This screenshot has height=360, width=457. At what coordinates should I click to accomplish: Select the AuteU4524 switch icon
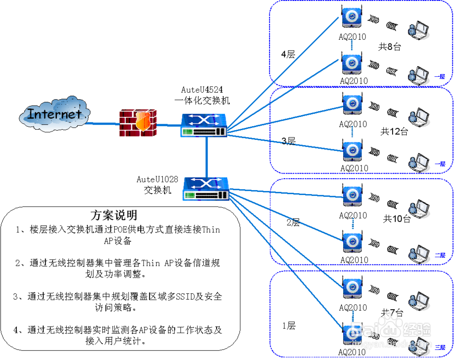[x=204, y=126]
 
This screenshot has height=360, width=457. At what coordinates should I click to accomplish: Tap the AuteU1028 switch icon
[x=206, y=189]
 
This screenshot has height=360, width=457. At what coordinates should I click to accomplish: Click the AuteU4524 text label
[x=202, y=90]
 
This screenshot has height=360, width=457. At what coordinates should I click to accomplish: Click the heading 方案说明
[x=114, y=215]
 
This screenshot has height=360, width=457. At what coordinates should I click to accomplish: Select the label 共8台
[x=390, y=46]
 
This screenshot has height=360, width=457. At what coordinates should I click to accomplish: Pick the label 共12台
[x=394, y=132]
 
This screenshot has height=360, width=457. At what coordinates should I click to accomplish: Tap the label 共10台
[x=397, y=219]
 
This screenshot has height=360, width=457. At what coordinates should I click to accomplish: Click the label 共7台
[x=392, y=313]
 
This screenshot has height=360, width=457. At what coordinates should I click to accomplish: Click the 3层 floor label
[x=289, y=142]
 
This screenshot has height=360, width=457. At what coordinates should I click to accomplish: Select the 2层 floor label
[x=293, y=223]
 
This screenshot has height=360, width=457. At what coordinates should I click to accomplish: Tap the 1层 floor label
[x=289, y=326]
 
